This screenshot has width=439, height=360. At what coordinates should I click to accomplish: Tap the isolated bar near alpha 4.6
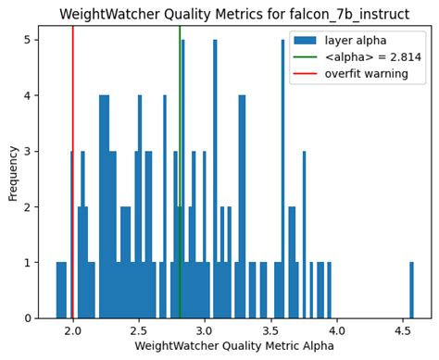click(412, 291)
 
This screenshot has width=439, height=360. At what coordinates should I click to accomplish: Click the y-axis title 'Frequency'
click(12, 172)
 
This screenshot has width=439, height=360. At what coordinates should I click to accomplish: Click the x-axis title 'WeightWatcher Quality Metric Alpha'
click(233, 346)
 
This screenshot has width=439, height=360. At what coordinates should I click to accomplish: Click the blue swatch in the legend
click(306, 40)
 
